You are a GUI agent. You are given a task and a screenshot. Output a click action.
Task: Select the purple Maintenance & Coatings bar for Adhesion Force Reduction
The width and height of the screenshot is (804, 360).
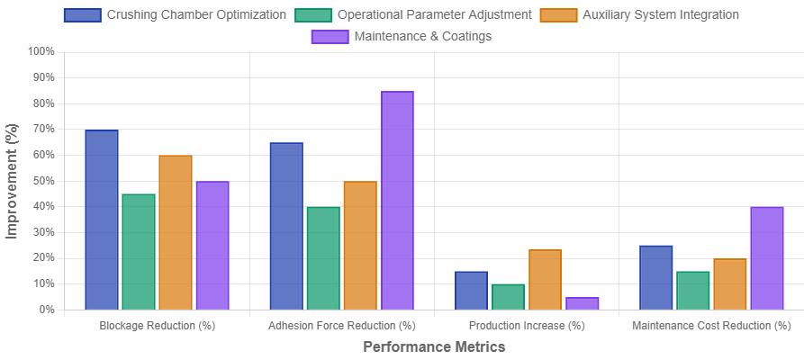(x=397, y=200)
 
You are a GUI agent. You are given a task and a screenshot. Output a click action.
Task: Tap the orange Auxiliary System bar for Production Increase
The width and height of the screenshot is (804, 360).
(x=545, y=279)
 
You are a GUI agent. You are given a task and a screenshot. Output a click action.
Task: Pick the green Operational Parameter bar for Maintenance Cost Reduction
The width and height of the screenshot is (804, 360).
(x=693, y=290)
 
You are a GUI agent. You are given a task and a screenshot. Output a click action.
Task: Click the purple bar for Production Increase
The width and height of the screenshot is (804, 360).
(x=582, y=302)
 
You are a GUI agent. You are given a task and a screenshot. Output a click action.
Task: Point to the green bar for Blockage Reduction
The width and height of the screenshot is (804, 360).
(x=139, y=251)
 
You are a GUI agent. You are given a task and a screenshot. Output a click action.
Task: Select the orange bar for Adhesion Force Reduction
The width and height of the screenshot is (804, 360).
(x=360, y=245)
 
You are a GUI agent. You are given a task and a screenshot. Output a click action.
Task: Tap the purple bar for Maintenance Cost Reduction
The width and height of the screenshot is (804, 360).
(x=767, y=257)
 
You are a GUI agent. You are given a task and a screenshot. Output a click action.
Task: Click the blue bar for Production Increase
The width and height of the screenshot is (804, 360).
(x=471, y=290)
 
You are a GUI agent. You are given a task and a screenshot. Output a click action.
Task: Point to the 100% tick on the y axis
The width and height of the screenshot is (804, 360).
(x=41, y=51)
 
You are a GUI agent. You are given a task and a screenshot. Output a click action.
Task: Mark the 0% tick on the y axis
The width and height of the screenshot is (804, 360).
(x=47, y=309)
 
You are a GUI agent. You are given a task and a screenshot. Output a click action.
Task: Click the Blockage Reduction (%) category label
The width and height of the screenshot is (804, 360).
(x=158, y=325)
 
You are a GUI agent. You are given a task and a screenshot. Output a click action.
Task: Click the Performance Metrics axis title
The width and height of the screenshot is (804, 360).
(x=434, y=346)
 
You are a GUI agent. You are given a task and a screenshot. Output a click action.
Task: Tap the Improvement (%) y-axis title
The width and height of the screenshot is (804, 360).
(x=12, y=180)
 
